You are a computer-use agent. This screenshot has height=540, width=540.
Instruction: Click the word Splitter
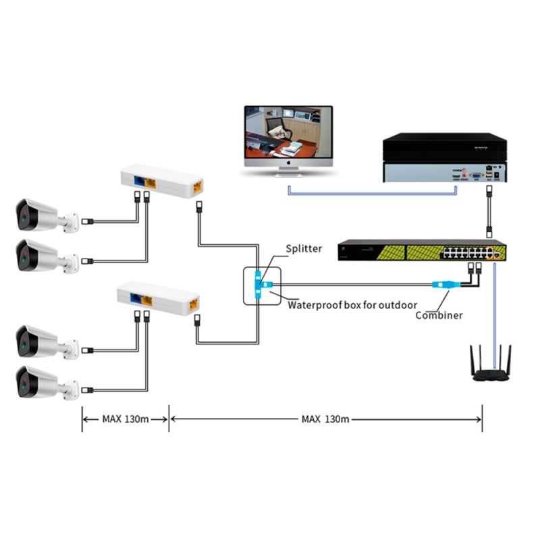[x=304, y=248]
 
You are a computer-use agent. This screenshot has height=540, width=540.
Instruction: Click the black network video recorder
[x=443, y=157]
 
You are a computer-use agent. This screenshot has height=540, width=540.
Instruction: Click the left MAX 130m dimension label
[x=126, y=418]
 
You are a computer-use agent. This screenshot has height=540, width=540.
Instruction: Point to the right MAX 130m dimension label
[x=325, y=418]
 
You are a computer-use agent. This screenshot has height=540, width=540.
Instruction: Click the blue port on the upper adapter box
[x=140, y=181]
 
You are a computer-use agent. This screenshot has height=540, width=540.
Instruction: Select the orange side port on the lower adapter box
[x=195, y=302]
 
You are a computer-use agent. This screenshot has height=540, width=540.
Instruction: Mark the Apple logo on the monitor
[x=288, y=163]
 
